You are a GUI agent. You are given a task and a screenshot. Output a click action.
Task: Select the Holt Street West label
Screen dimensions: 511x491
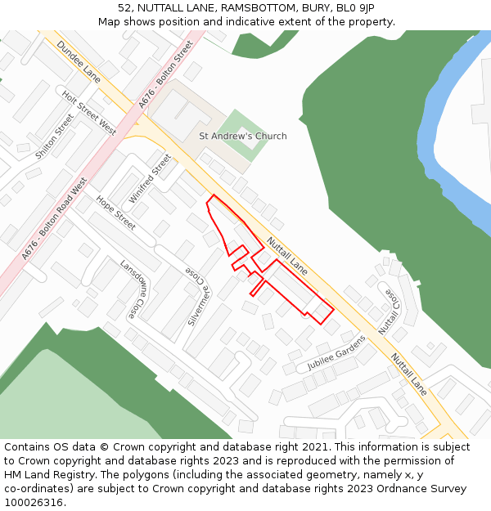point(89,113)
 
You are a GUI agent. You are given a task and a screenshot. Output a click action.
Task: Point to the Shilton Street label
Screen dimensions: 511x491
point(55,137)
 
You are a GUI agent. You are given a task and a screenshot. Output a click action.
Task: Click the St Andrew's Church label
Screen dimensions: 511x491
point(243,137)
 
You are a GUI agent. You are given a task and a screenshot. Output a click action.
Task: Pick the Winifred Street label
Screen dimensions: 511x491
point(151,179)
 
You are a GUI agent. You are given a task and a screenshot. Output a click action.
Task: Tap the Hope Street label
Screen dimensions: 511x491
point(115,213)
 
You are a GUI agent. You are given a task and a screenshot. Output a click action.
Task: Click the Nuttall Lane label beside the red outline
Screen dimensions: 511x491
point(286,256)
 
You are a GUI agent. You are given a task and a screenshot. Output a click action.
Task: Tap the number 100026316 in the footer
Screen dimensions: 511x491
point(33,502)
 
